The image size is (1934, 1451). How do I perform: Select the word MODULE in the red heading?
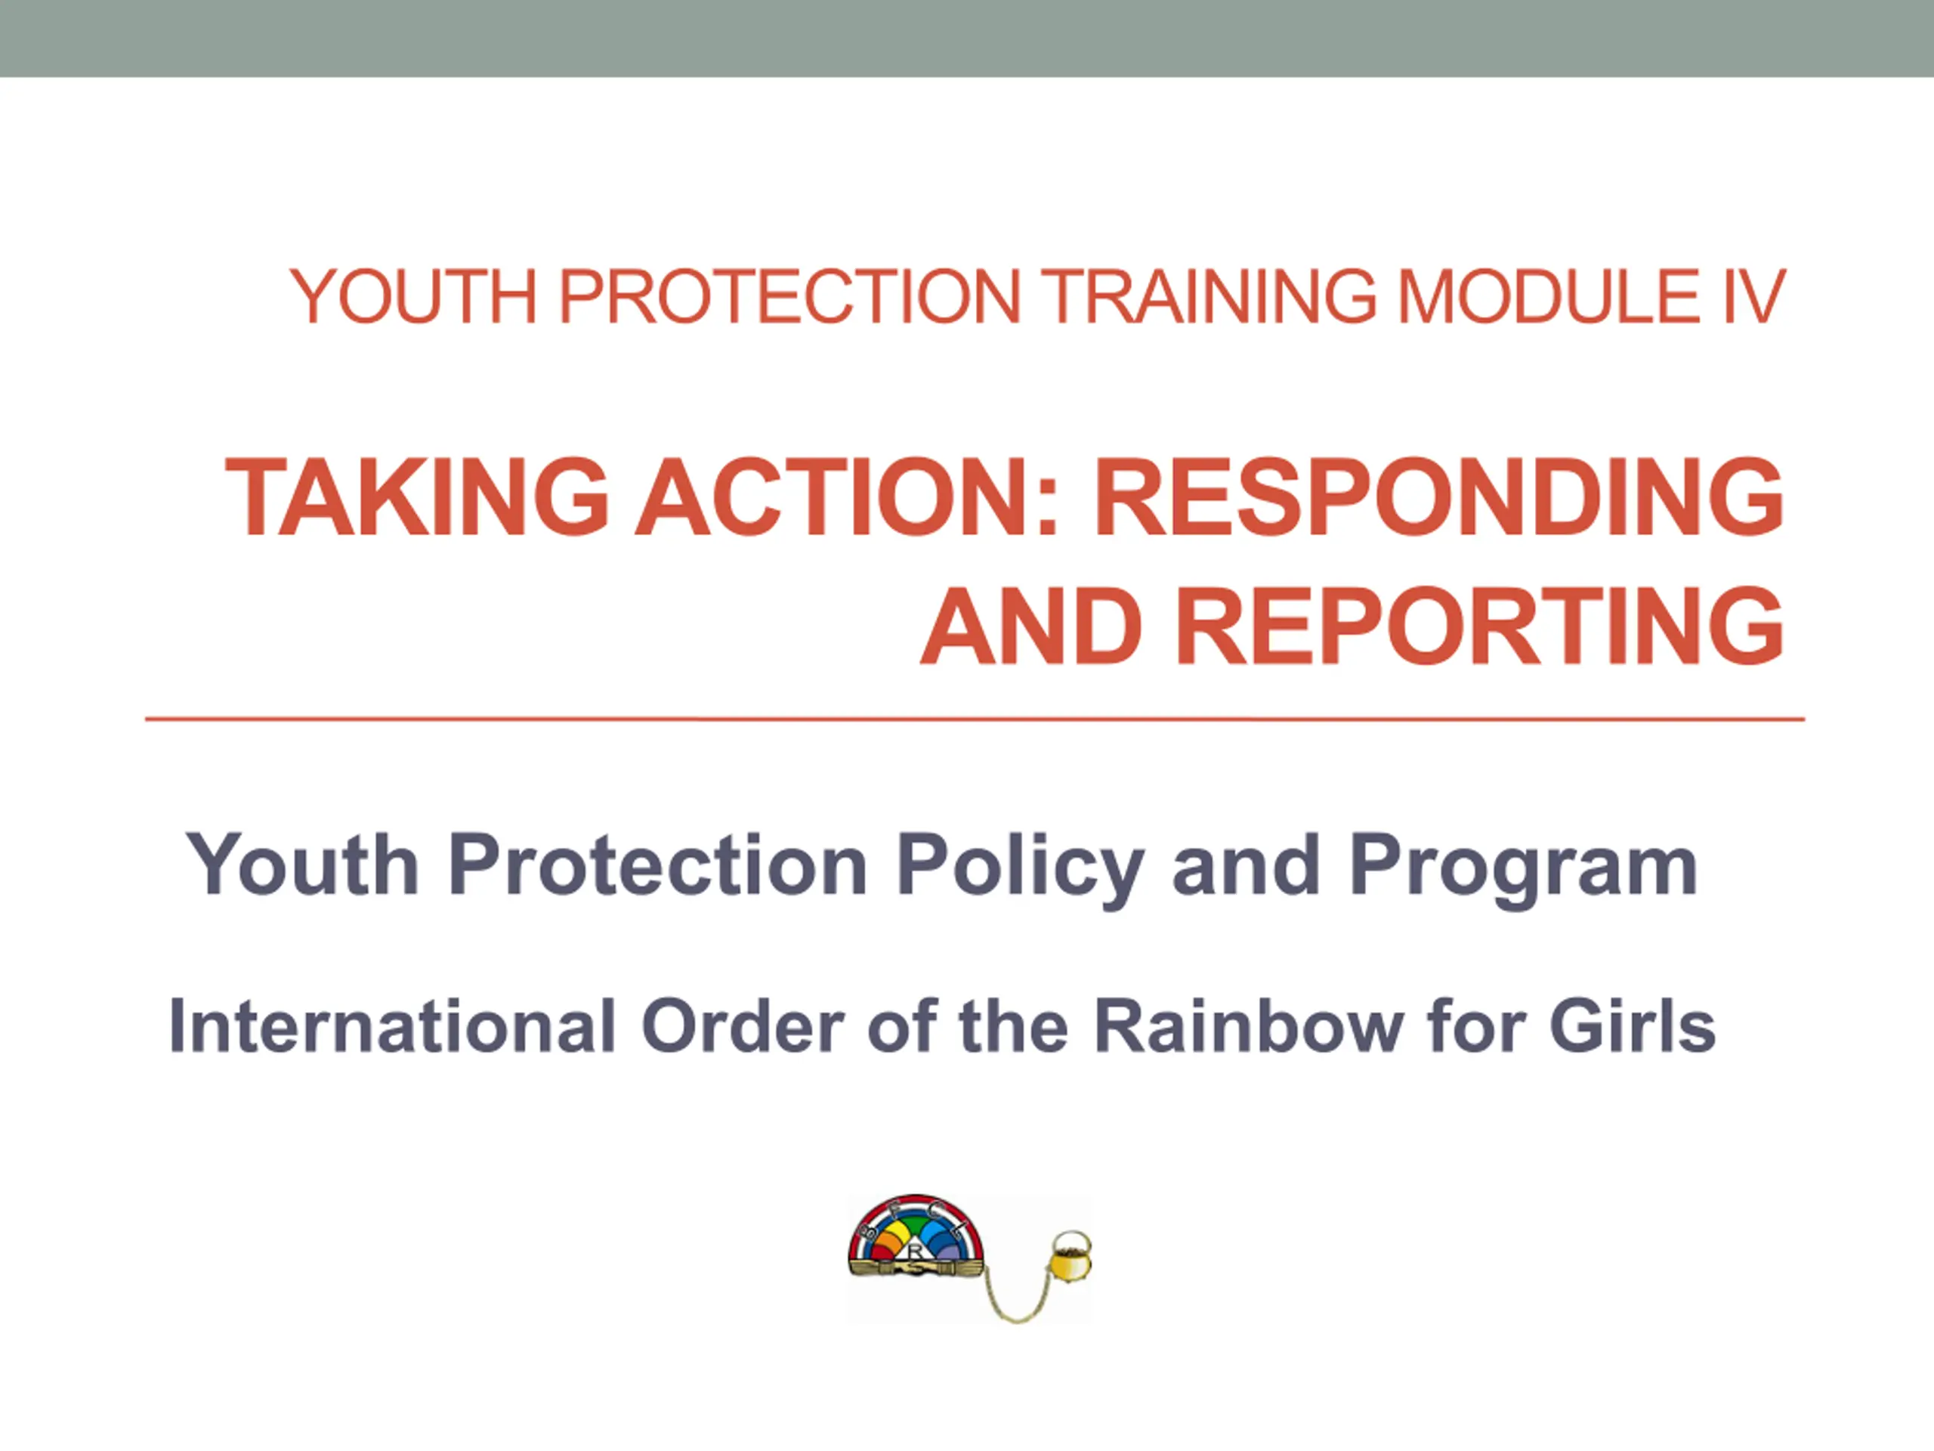(1549, 295)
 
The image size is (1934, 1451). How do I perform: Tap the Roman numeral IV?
(1752, 295)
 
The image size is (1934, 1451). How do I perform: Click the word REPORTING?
(1479, 626)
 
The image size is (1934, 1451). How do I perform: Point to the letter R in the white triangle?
(916, 1251)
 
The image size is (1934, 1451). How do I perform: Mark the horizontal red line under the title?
(975, 719)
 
